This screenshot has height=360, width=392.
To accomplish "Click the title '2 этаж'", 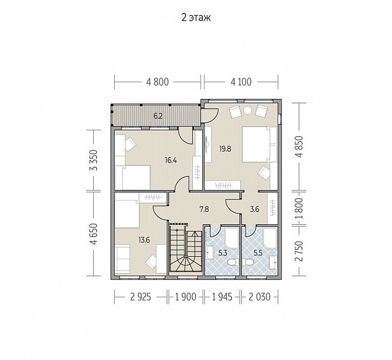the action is (x=196, y=18).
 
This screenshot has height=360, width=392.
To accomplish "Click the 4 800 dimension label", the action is (x=157, y=82).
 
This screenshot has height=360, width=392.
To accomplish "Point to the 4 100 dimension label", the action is (x=241, y=82).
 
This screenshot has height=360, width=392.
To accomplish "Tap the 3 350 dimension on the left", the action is (x=94, y=160).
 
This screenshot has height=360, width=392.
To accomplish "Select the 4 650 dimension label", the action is (x=94, y=234).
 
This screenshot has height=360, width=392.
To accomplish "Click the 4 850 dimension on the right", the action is (x=299, y=146).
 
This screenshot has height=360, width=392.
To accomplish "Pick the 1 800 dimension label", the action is (x=299, y=208).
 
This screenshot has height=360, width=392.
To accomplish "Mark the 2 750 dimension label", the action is (x=299, y=251).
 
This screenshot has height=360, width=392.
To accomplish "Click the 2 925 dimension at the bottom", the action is (x=141, y=297).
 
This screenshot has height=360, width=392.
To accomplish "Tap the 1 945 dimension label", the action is (x=222, y=297).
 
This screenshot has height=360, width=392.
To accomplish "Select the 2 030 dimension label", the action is (x=259, y=297).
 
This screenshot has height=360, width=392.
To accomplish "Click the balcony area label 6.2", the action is (x=158, y=116).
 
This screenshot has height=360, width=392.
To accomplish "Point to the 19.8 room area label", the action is (x=225, y=149).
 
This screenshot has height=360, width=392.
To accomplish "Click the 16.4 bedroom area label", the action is (x=171, y=160).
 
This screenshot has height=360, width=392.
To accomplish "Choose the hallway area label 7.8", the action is (x=204, y=209).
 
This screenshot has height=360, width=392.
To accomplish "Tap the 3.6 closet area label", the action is (x=255, y=209).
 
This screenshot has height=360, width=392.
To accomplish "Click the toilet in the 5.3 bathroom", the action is (x=233, y=262).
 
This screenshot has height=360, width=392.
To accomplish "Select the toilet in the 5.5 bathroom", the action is (x=248, y=262).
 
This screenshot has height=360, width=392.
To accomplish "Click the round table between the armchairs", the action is (x=248, y=110).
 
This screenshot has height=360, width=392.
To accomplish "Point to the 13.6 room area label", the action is (x=144, y=240).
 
